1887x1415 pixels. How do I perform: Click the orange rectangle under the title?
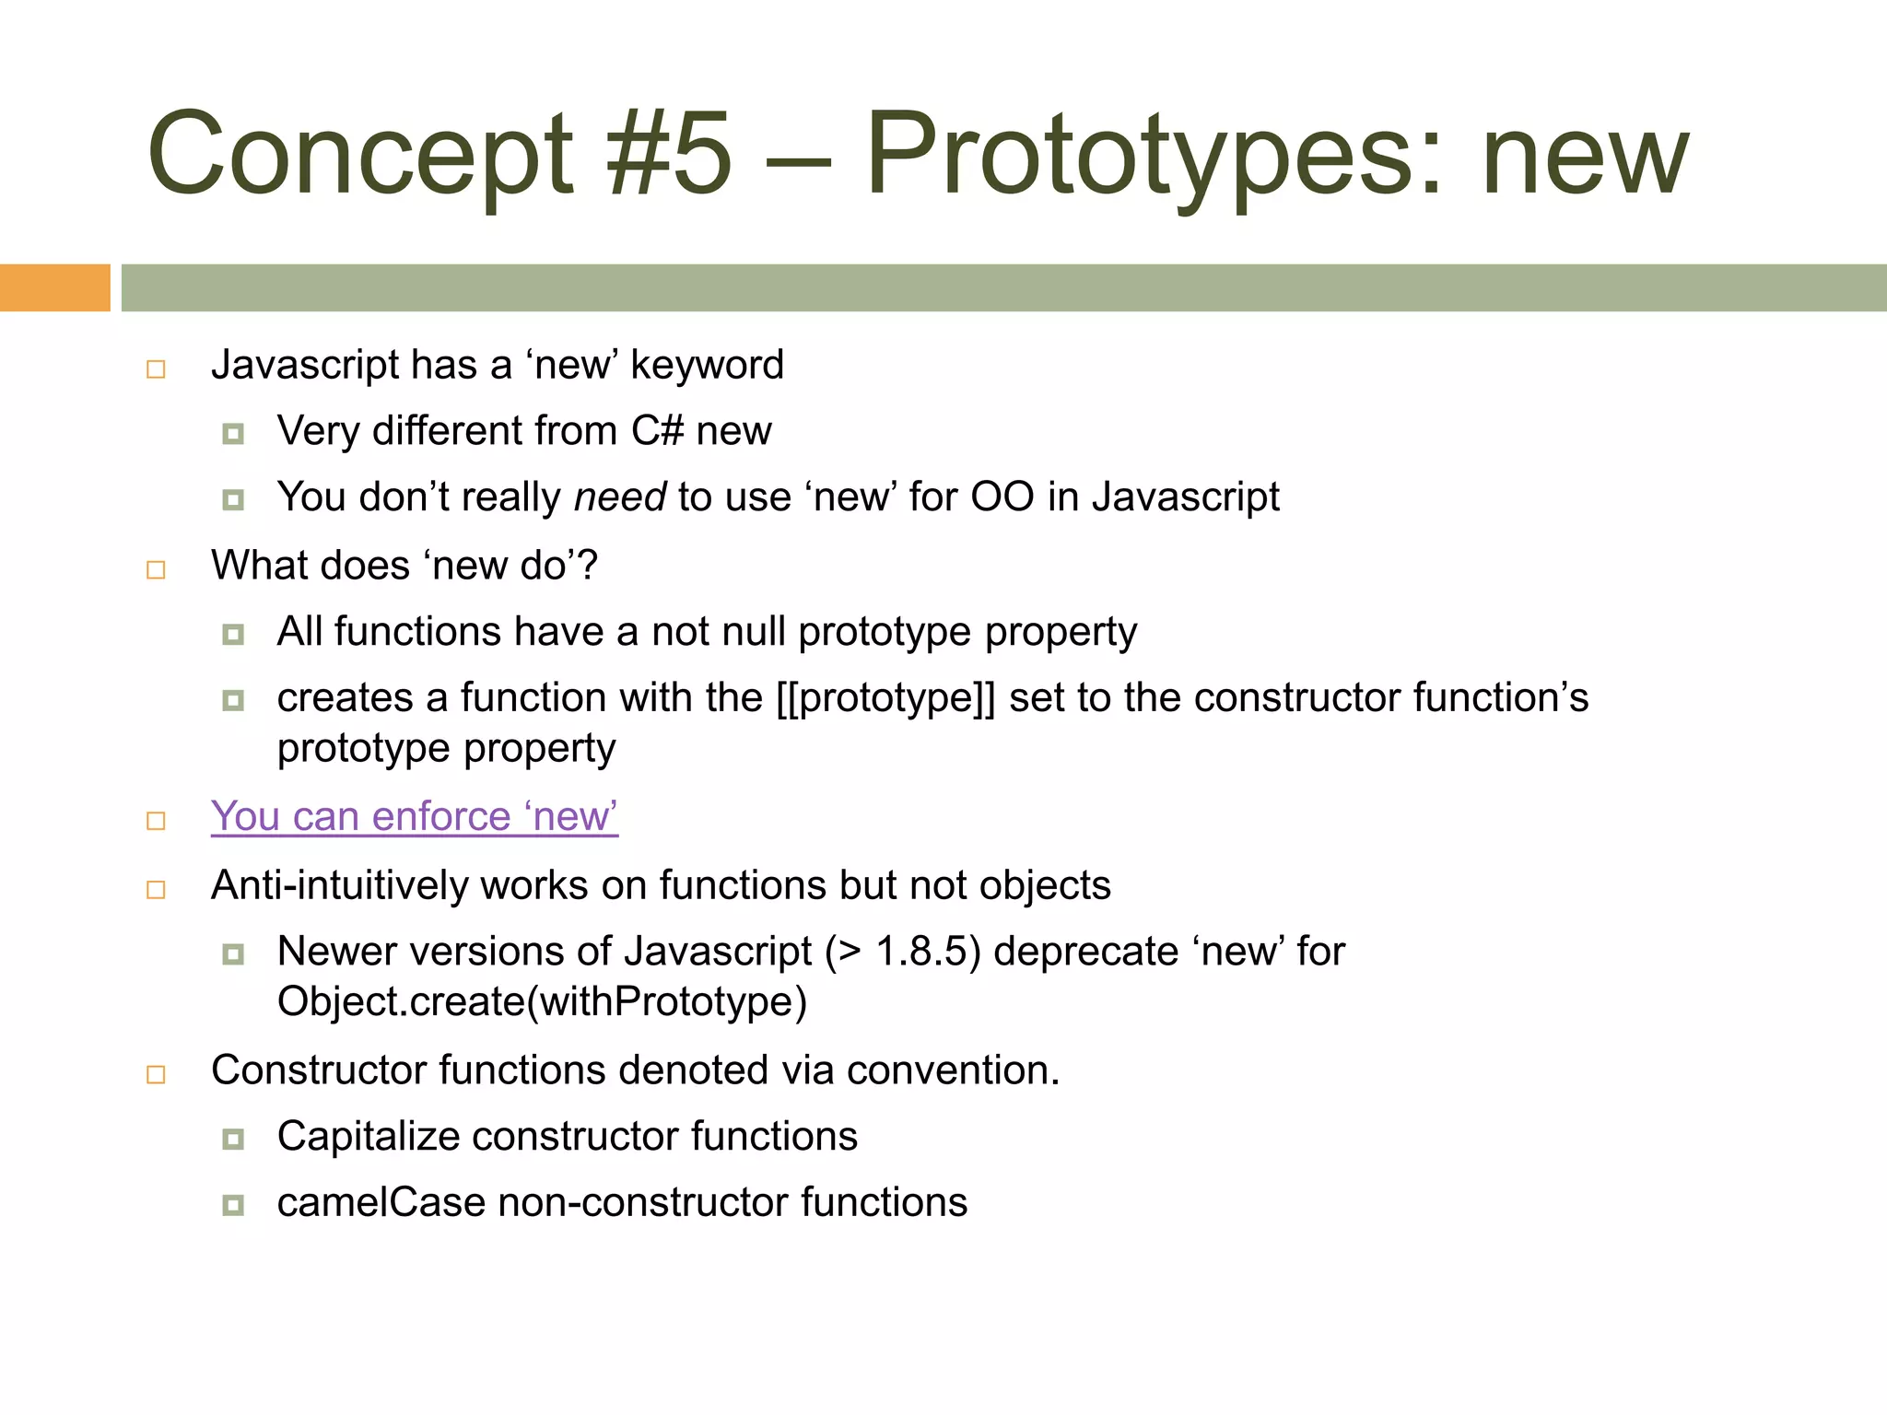coord(54,287)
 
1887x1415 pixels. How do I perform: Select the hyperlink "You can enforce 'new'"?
coord(414,816)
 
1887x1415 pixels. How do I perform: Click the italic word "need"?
coord(619,497)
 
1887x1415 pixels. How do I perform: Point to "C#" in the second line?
coord(657,431)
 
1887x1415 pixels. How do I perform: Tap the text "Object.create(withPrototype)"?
coord(542,1001)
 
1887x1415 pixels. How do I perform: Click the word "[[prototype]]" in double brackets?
coord(885,697)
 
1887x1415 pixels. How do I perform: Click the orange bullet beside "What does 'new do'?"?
coord(156,569)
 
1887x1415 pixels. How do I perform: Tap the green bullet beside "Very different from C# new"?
coord(233,434)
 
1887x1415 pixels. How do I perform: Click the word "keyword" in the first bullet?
coord(707,365)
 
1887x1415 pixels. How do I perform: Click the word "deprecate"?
coord(1086,952)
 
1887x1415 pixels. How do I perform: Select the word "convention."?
coord(953,1070)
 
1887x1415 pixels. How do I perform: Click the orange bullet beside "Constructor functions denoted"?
coord(156,1074)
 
